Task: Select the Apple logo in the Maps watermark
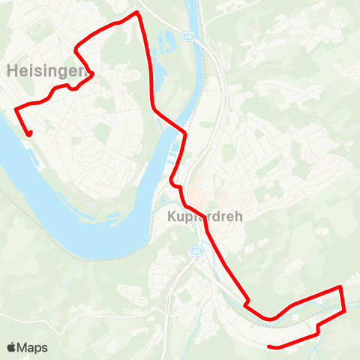click(x=12, y=347)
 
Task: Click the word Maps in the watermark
click(x=33, y=347)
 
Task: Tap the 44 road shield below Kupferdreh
click(x=196, y=251)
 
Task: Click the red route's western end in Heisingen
click(x=30, y=135)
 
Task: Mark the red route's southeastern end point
click(x=269, y=346)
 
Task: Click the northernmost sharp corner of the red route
click(x=137, y=13)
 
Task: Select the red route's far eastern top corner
click(x=341, y=286)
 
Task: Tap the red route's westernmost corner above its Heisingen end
click(x=16, y=109)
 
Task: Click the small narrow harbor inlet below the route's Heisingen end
click(x=33, y=158)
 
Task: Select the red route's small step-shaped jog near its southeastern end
click(x=319, y=328)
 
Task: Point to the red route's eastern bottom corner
click(x=344, y=311)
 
